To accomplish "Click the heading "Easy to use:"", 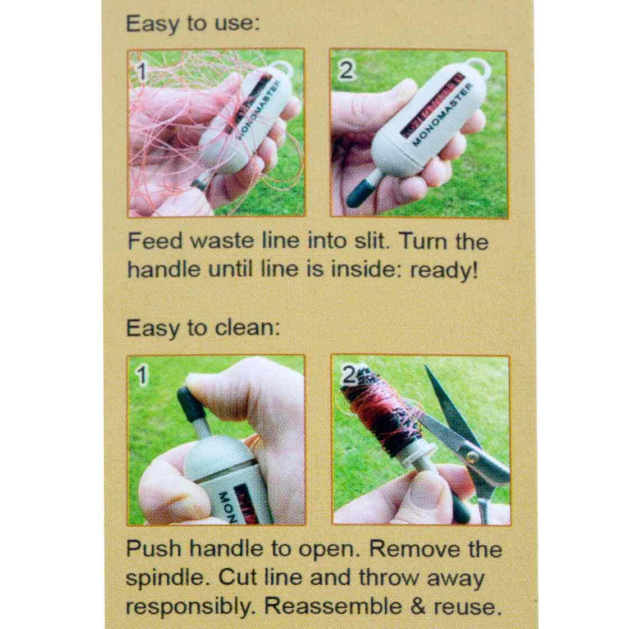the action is click(193, 24).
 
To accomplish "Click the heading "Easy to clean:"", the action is click(203, 328).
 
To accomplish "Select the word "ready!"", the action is click(444, 270).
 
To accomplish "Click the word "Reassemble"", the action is click(333, 606).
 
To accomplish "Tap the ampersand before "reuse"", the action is click(418, 606).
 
